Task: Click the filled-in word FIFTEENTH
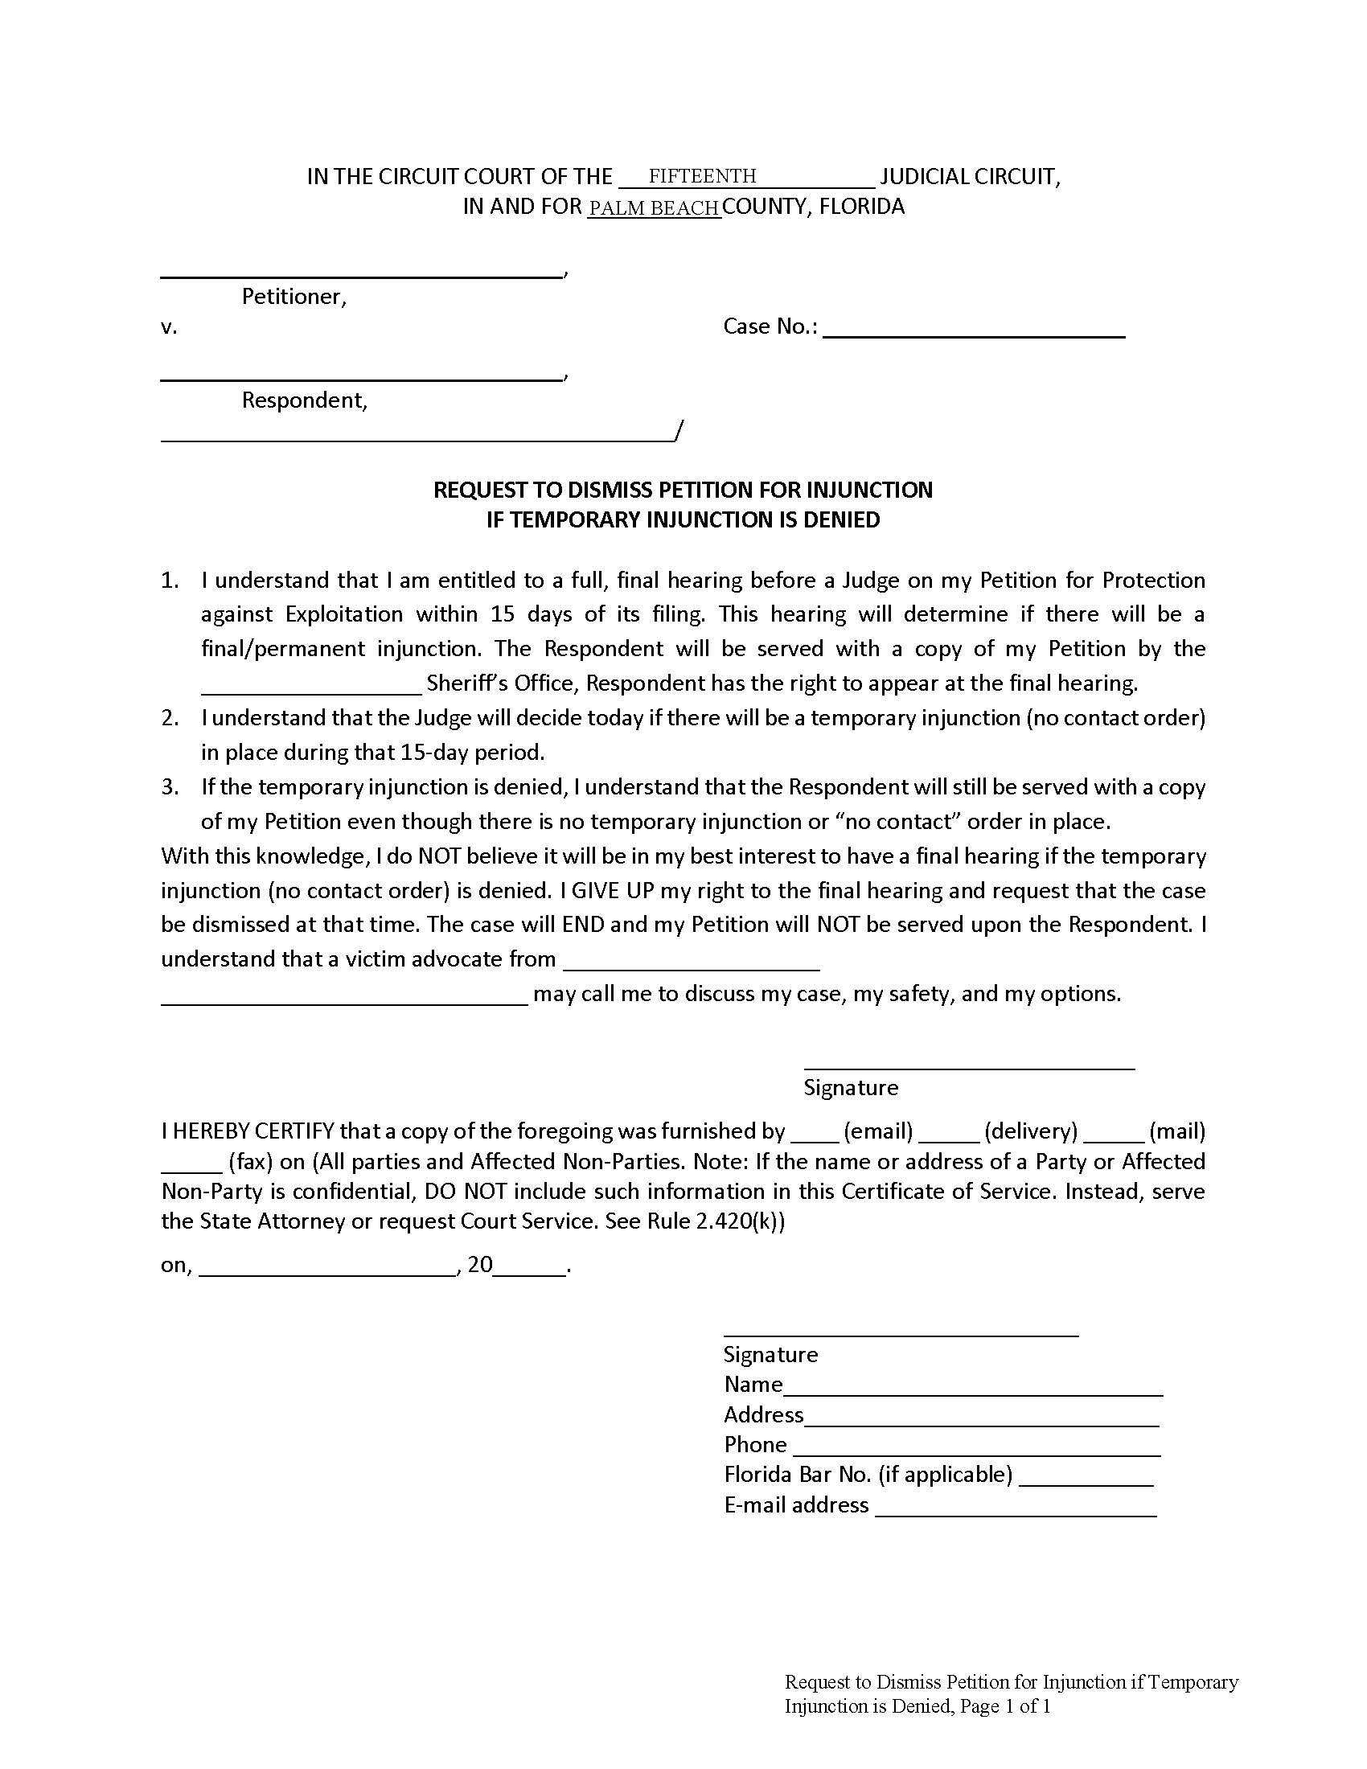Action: pos(701,176)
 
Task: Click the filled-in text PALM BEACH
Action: pos(654,208)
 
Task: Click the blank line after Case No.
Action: pos(974,328)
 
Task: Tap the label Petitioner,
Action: pos(294,297)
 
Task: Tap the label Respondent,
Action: pos(305,400)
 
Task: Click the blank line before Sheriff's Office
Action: pos(311,685)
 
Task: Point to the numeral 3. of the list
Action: pos(170,787)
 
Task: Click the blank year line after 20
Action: pos(530,1266)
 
